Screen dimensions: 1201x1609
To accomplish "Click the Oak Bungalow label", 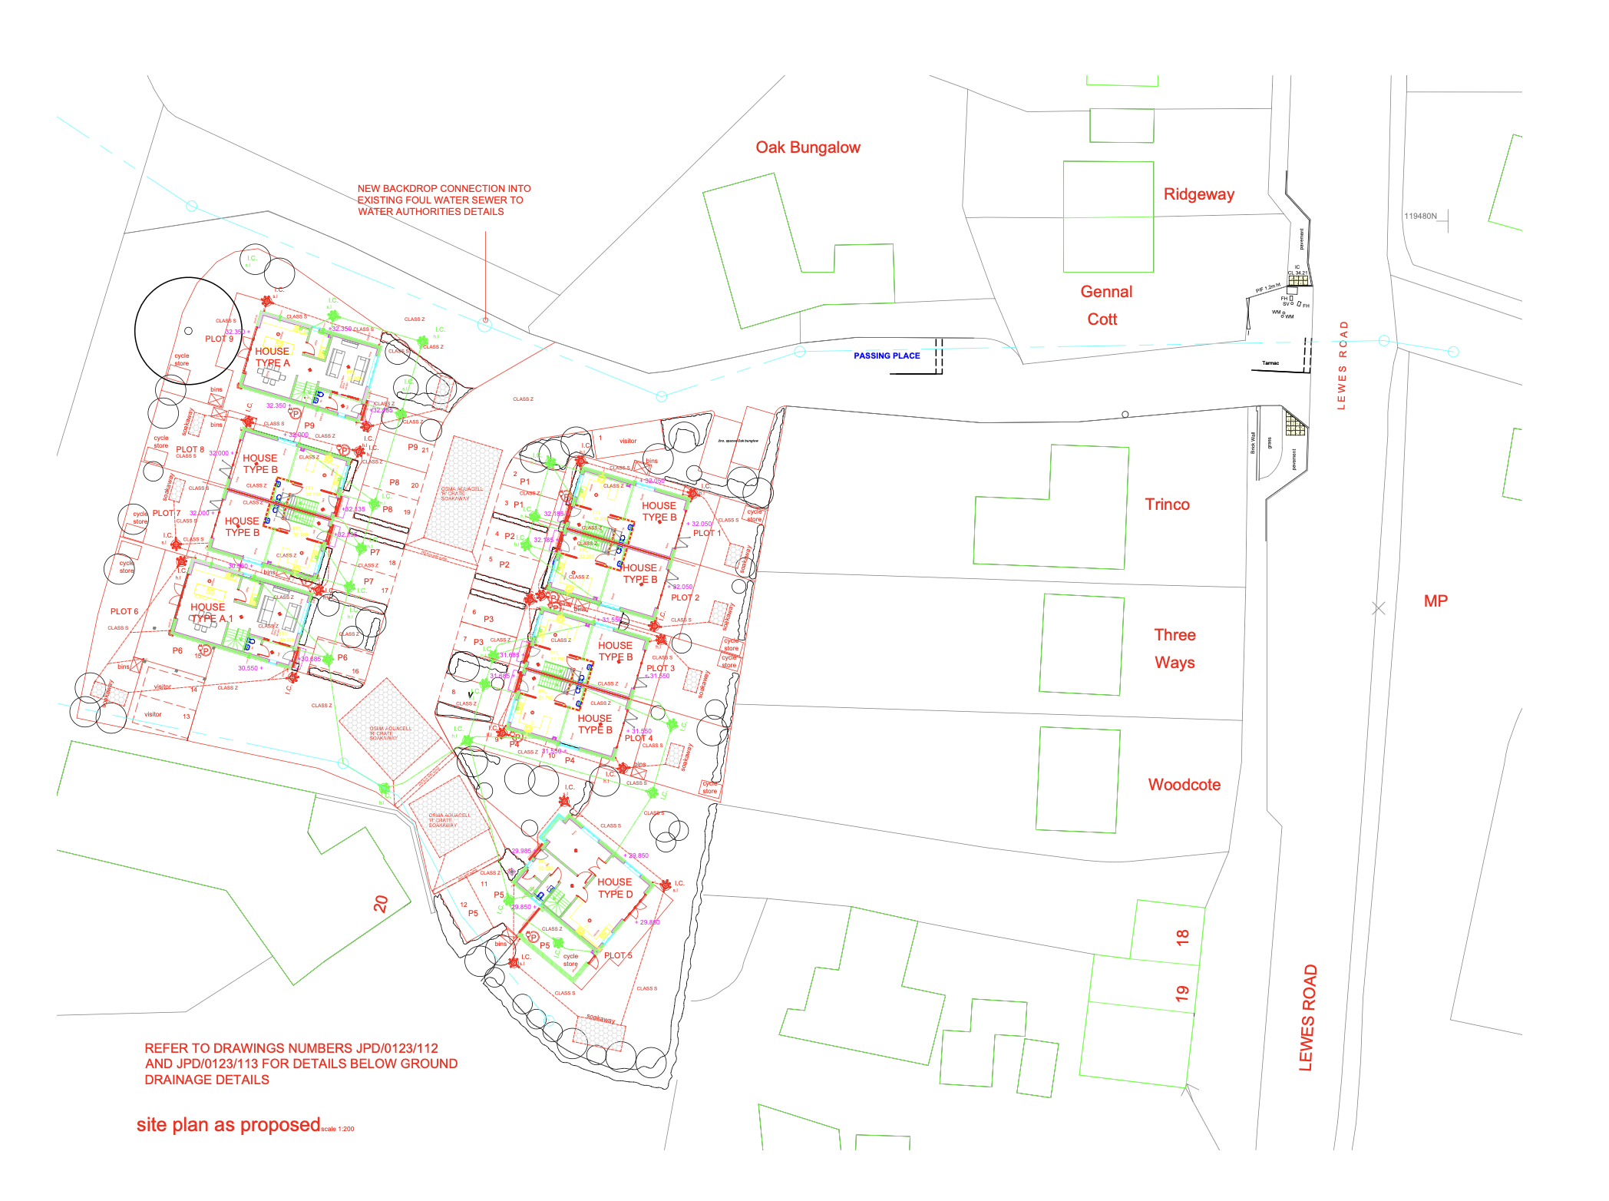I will (808, 147).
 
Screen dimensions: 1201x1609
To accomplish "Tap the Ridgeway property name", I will (1198, 194).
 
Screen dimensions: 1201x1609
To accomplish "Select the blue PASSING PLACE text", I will (886, 356).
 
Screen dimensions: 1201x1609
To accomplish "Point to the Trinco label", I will (1167, 505).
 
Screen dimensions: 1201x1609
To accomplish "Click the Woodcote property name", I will (1184, 785).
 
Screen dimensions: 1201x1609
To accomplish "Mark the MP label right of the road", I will (1435, 601).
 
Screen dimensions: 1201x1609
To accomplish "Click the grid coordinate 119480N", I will (1419, 217).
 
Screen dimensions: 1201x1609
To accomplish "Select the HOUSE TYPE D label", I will (614, 888).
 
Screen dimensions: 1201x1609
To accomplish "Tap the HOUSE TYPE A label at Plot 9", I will (273, 357).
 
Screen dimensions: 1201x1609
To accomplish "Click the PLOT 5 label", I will (617, 956).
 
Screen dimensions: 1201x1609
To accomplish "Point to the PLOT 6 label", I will (124, 612).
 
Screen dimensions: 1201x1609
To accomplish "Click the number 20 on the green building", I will (381, 904).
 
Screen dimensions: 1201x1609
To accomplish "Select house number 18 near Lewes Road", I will (1182, 937).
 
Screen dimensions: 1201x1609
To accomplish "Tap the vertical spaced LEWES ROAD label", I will (1342, 366).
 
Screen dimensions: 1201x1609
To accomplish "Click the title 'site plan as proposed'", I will (228, 1125).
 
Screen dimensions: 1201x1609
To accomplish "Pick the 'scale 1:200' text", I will (338, 1130).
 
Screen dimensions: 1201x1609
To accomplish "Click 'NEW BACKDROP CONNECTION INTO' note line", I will (444, 188).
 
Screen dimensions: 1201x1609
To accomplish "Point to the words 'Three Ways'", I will (1175, 649).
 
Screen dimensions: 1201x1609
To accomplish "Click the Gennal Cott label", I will (1105, 306).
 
